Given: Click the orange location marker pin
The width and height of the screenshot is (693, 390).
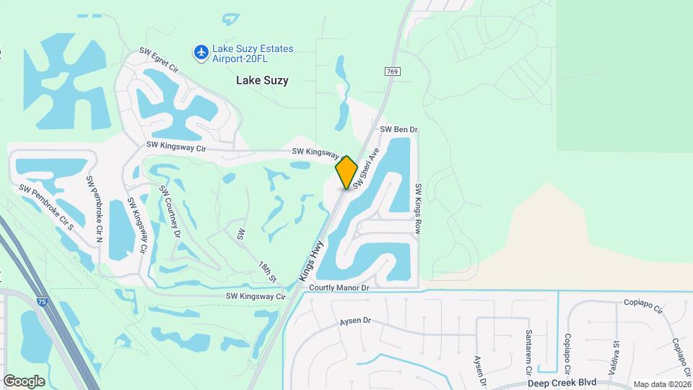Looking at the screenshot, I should click(347, 172).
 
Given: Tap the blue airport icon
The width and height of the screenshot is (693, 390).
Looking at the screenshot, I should click(201, 52).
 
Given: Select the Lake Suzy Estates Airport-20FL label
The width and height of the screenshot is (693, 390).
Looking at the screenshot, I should click(253, 53).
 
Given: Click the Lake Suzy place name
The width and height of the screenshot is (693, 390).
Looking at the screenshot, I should click(262, 81).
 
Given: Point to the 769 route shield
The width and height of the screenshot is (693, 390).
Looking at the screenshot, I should click(392, 71).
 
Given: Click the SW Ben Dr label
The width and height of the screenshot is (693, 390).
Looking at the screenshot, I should click(399, 130).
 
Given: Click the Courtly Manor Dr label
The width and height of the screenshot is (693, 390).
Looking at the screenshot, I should click(339, 287).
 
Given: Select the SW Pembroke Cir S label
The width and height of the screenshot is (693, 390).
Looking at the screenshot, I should click(47, 207).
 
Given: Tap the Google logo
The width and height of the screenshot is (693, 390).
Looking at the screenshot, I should click(24, 381).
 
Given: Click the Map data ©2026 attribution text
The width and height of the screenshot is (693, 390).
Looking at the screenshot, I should click(661, 384).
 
